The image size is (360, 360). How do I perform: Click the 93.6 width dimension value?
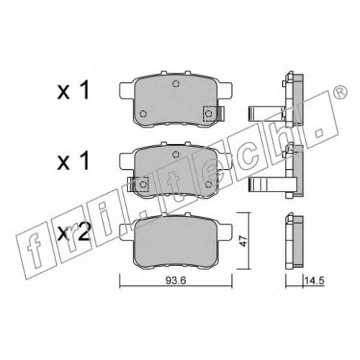[176, 280]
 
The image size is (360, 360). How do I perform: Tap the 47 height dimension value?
[244, 240]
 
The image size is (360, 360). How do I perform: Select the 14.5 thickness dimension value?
[315, 280]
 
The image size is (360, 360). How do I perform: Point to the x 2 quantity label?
[73, 231]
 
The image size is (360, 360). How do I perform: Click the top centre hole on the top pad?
[176, 84]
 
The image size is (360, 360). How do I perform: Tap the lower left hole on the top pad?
[143, 113]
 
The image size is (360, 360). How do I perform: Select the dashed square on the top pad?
[210, 113]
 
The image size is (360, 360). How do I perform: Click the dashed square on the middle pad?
[143, 184]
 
